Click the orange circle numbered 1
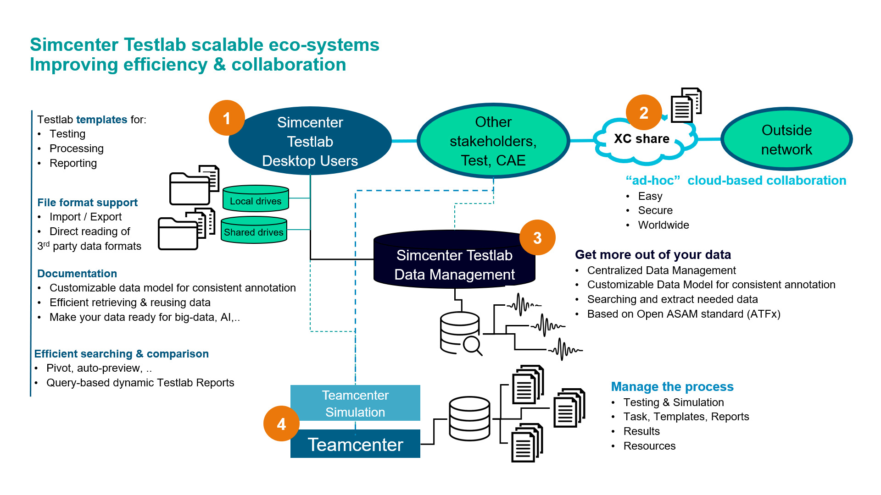pos(227,118)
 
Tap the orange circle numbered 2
pos(644,113)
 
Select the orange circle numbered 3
pos(537,237)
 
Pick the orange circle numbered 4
pos(281,424)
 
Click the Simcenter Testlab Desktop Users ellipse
pos(310,141)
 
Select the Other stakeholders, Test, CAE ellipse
pos(493,141)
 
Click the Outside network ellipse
pos(786,139)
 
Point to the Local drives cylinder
pos(256,199)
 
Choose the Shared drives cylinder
pos(254,230)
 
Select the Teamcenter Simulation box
pos(355,403)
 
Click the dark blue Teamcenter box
pos(355,444)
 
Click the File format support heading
pos(87,203)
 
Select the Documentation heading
pos(77,274)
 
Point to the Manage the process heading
pos(672,387)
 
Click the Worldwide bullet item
pos(664,225)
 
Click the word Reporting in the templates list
pos(73,163)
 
